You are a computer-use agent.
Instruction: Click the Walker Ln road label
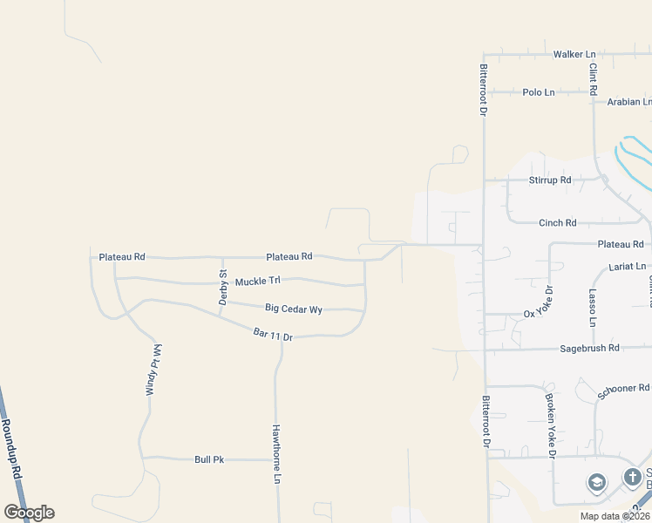pyautogui.click(x=574, y=54)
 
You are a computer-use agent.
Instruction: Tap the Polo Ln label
pyautogui.click(x=538, y=92)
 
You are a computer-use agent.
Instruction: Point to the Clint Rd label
pyautogui.click(x=593, y=78)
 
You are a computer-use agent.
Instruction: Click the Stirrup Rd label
pyautogui.click(x=550, y=180)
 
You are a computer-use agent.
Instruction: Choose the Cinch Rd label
pyautogui.click(x=558, y=223)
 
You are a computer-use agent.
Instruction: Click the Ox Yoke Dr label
pyautogui.click(x=538, y=302)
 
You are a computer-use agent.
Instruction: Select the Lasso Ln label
pyautogui.click(x=592, y=308)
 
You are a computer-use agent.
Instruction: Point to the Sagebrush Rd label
pyautogui.click(x=588, y=348)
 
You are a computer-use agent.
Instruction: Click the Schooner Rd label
pyautogui.click(x=624, y=391)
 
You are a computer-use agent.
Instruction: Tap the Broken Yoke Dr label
pyautogui.click(x=550, y=425)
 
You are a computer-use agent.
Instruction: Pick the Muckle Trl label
pyautogui.click(x=257, y=281)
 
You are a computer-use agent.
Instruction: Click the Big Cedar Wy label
pyautogui.click(x=294, y=309)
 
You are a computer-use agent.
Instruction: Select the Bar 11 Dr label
pyautogui.click(x=272, y=334)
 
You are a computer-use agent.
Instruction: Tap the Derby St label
pyautogui.click(x=223, y=287)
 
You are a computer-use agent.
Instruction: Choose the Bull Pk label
pyautogui.click(x=209, y=459)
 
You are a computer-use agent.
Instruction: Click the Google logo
pyautogui.click(x=29, y=513)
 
